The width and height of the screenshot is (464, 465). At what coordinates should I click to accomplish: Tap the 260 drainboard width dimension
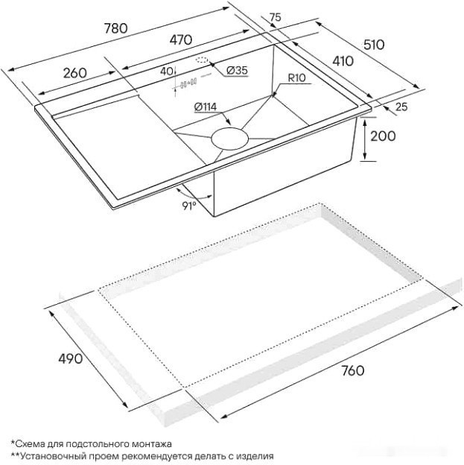[75, 73]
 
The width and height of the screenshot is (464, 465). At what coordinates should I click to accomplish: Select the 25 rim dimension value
[401, 107]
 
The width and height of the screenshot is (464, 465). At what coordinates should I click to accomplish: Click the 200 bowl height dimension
[381, 136]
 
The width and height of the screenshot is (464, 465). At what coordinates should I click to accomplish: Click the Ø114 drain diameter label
[205, 107]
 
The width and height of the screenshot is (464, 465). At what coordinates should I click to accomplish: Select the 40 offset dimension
[166, 72]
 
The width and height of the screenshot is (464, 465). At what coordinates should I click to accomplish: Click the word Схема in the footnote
[32, 443]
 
